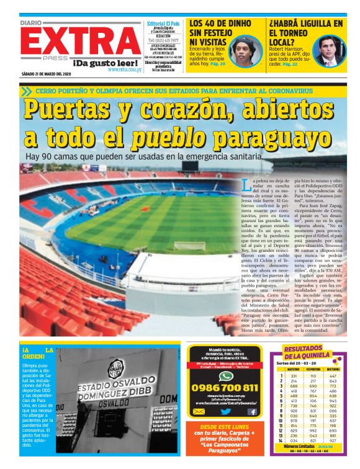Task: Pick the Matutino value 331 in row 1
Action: point(294,376)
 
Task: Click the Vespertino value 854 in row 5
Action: point(313,396)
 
